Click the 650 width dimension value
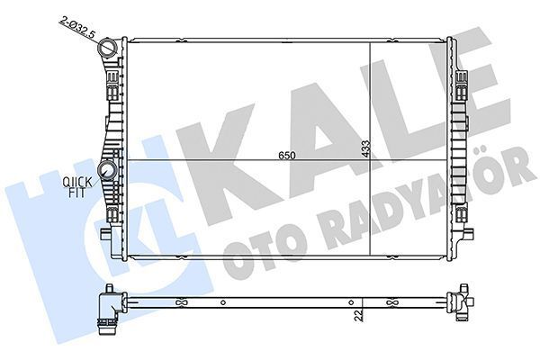287,156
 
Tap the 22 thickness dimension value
358,315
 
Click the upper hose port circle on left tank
108,47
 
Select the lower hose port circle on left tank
107,169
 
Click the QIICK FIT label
76,187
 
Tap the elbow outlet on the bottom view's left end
111,310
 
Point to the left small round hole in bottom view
223,302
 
